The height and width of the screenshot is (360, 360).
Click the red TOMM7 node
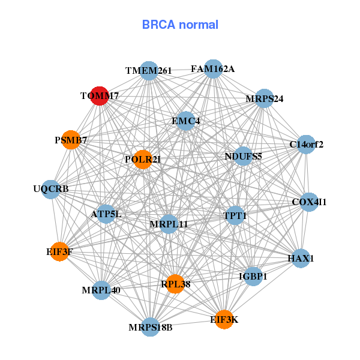coord(100,95)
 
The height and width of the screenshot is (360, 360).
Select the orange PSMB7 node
coord(71,140)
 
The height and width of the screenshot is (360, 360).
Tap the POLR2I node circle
coord(142,159)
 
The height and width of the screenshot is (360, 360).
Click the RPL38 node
coord(175,284)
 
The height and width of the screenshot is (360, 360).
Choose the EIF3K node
coord(224,320)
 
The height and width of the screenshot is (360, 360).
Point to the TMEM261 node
coord(149,71)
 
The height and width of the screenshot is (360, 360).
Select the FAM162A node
coord(213,69)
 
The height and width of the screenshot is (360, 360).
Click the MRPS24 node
coord(265,98)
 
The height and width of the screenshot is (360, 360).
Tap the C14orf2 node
coord(306,144)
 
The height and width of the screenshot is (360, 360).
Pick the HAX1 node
coord(301,259)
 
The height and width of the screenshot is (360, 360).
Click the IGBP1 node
coord(253,277)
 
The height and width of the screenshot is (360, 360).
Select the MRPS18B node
coord(151,327)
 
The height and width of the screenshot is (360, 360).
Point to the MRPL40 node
coord(101,290)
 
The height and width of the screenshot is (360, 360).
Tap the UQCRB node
coord(51,189)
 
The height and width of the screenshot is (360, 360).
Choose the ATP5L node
coord(106,214)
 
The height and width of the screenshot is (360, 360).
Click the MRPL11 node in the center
coord(169,224)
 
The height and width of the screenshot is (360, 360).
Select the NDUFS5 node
coord(243,157)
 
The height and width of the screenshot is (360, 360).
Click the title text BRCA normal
coord(180,25)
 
